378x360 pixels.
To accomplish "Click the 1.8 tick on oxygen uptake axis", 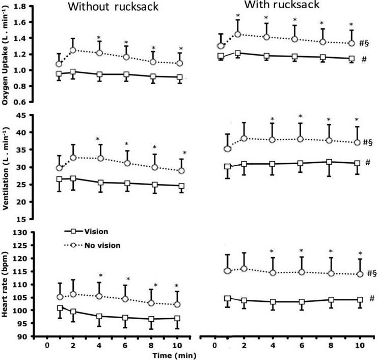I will point(22,7).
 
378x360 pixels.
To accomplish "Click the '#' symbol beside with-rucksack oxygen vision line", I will point(364,60).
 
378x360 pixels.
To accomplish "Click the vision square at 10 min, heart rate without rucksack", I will point(177,318).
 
